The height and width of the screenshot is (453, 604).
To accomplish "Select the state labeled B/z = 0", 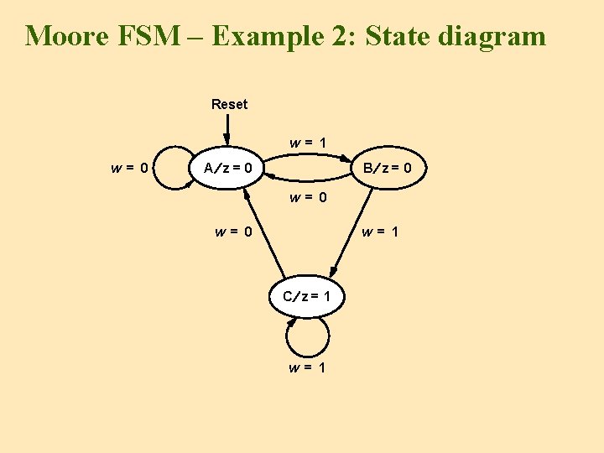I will coord(386,169).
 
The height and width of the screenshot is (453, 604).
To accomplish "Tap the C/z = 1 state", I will coord(306,296).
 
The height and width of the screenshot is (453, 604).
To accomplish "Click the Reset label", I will coord(229,104).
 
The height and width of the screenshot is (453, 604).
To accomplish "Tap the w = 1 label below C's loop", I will coord(307,367).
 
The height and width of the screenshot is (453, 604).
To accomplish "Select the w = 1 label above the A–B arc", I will coord(308,143).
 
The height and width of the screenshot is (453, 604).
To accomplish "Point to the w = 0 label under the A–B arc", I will coord(308,199).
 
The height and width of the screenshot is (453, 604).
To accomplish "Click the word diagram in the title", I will coord(496,36).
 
